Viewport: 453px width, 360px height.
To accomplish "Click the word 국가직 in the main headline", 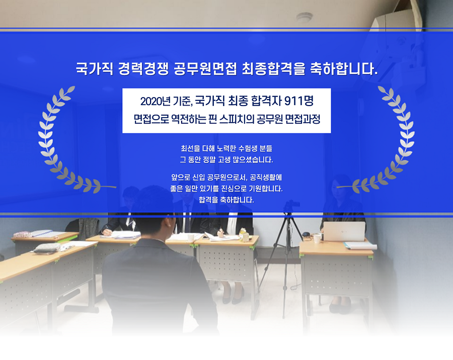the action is [x=95, y=69].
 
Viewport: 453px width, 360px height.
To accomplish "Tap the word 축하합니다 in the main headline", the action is [x=344, y=69].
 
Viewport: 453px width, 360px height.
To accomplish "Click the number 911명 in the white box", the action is [x=298, y=101].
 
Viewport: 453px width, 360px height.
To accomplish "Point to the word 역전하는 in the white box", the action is [x=189, y=119].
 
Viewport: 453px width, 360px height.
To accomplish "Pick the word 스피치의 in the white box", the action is [x=237, y=119].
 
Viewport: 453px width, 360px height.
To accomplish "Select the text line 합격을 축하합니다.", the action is [x=226, y=200].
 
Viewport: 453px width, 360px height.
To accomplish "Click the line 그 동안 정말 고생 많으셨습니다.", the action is [x=226, y=160].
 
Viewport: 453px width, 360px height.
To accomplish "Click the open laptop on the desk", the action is [x=344, y=231].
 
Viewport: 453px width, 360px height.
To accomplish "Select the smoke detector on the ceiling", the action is [x=304, y=17].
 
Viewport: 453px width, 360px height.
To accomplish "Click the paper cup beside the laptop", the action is [x=317, y=238].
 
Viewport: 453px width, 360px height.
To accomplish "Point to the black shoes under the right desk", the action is [x=340, y=307].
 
